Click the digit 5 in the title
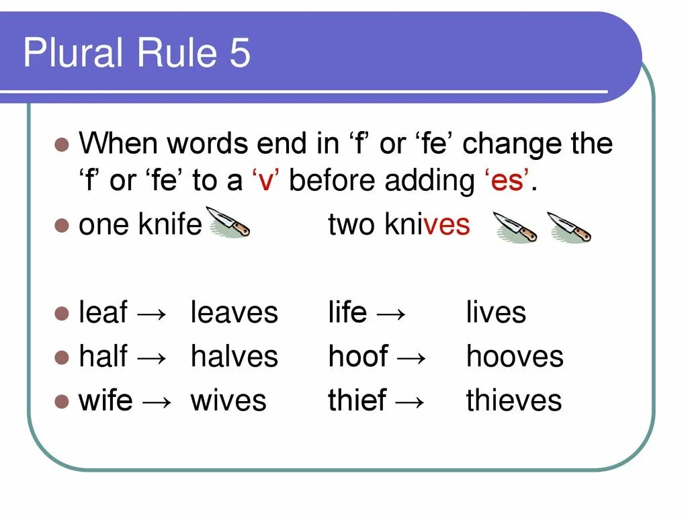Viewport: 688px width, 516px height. pos(239,53)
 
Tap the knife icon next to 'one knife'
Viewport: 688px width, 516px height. pos(229,222)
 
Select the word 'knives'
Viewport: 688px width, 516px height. pos(427,224)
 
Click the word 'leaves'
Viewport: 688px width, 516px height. pos(234,313)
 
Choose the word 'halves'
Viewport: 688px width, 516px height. pos(234,357)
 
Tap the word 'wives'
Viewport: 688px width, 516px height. pos(228,400)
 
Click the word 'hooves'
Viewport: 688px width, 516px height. pos(515,357)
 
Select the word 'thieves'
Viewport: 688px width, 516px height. pos(514,400)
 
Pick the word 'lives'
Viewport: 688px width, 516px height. pos(496,313)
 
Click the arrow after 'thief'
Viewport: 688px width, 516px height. pos(410,402)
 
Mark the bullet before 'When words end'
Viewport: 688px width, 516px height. pos(62,144)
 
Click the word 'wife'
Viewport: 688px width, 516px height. pos(105,400)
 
